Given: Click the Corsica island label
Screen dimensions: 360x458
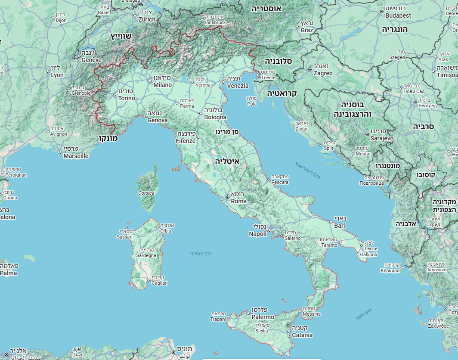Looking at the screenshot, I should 146,193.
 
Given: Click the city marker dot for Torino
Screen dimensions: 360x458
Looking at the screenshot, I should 114,94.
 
